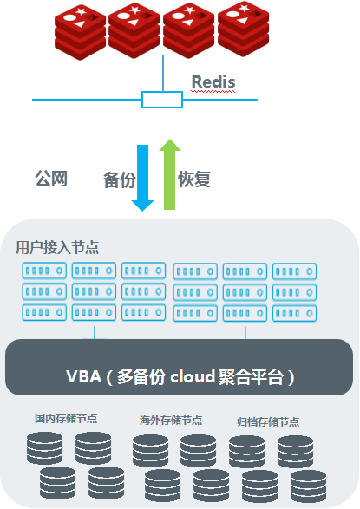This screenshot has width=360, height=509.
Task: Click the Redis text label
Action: [213, 82]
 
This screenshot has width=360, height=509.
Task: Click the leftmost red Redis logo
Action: [81, 31]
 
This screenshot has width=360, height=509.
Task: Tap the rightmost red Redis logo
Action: [242, 30]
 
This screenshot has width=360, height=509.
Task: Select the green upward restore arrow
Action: [170, 173]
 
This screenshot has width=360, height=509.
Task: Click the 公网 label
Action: [50, 179]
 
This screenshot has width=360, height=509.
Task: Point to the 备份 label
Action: [119, 180]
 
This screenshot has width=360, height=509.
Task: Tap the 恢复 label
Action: [194, 179]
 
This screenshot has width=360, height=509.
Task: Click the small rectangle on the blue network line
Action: [162, 100]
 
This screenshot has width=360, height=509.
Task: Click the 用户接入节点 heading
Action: [57, 247]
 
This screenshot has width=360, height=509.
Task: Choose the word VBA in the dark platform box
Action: [83, 377]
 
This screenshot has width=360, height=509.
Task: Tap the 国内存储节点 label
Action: [66, 418]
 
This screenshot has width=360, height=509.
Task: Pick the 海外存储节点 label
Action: [171, 420]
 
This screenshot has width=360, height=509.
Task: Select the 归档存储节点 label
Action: [268, 421]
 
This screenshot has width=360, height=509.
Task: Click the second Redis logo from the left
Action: [134, 31]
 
